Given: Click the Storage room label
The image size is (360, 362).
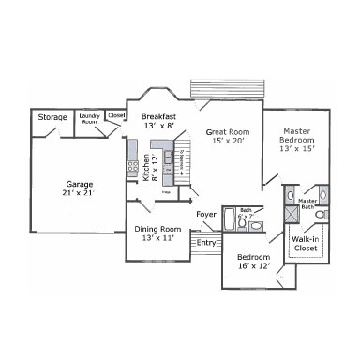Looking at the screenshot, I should (x=52, y=117).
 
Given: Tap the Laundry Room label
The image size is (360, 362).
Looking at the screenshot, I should (x=90, y=117).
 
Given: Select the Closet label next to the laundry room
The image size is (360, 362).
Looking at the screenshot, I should (x=116, y=114).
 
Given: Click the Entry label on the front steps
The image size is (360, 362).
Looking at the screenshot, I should (x=206, y=244).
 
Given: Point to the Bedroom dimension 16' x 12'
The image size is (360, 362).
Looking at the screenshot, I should (x=253, y=266).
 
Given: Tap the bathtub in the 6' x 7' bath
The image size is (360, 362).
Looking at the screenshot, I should (x=230, y=220).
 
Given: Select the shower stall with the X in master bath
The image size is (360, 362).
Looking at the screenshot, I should (x=291, y=216).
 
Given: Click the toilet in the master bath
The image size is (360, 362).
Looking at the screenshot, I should (x=321, y=215).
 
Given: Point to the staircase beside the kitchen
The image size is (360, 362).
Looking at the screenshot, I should (x=179, y=169).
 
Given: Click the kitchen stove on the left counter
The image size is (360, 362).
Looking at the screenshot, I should (x=133, y=167).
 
